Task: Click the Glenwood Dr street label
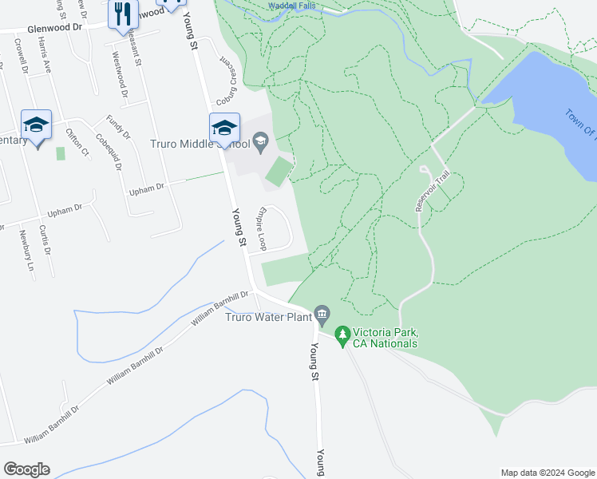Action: tap(55, 26)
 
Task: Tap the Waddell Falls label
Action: tap(291, 6)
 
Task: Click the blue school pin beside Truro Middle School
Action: tap(224, 129)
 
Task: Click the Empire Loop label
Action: tap(260, 229)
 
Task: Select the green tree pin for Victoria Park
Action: tap(342, 335)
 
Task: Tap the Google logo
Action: tap(26, 469)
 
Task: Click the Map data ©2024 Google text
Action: tap(548, 473)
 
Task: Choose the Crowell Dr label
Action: tap(22, 66)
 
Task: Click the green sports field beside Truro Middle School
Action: tap(279, 172)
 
